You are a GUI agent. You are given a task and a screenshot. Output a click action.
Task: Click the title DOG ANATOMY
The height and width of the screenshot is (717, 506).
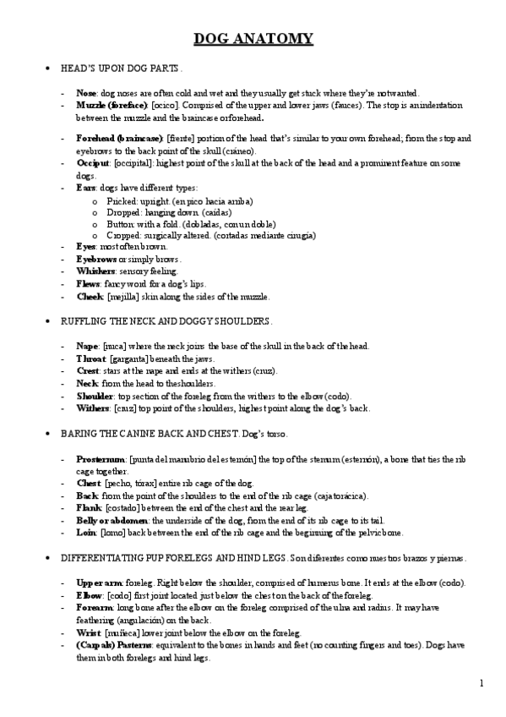253,39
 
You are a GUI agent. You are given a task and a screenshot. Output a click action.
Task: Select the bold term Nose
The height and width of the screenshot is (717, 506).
86,93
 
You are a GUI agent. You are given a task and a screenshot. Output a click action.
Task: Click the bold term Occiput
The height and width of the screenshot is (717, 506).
92,162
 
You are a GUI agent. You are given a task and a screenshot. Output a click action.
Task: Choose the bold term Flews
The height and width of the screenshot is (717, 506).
89,284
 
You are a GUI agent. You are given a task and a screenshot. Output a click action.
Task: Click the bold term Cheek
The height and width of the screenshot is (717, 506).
89,297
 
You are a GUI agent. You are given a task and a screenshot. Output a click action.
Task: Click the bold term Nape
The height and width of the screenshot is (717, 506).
87,346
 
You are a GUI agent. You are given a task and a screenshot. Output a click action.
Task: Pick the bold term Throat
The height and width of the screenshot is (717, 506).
90,358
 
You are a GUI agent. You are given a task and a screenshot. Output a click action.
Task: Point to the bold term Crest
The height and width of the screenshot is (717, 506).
88,370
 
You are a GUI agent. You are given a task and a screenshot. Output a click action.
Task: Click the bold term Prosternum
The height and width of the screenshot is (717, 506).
101,457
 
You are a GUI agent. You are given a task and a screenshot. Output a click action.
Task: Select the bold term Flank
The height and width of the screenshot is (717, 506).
89,507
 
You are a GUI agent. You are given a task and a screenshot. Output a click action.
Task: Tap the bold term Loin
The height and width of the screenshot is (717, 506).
86,533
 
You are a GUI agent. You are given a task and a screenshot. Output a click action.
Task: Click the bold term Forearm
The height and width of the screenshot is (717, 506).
93,607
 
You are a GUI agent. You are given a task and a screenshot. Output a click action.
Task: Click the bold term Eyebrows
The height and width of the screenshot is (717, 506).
95,259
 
